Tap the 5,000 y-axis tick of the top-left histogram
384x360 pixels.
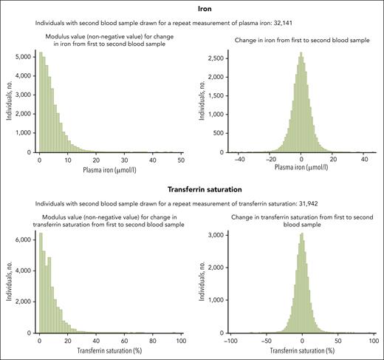21,55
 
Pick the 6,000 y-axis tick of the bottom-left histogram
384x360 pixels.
21,240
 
